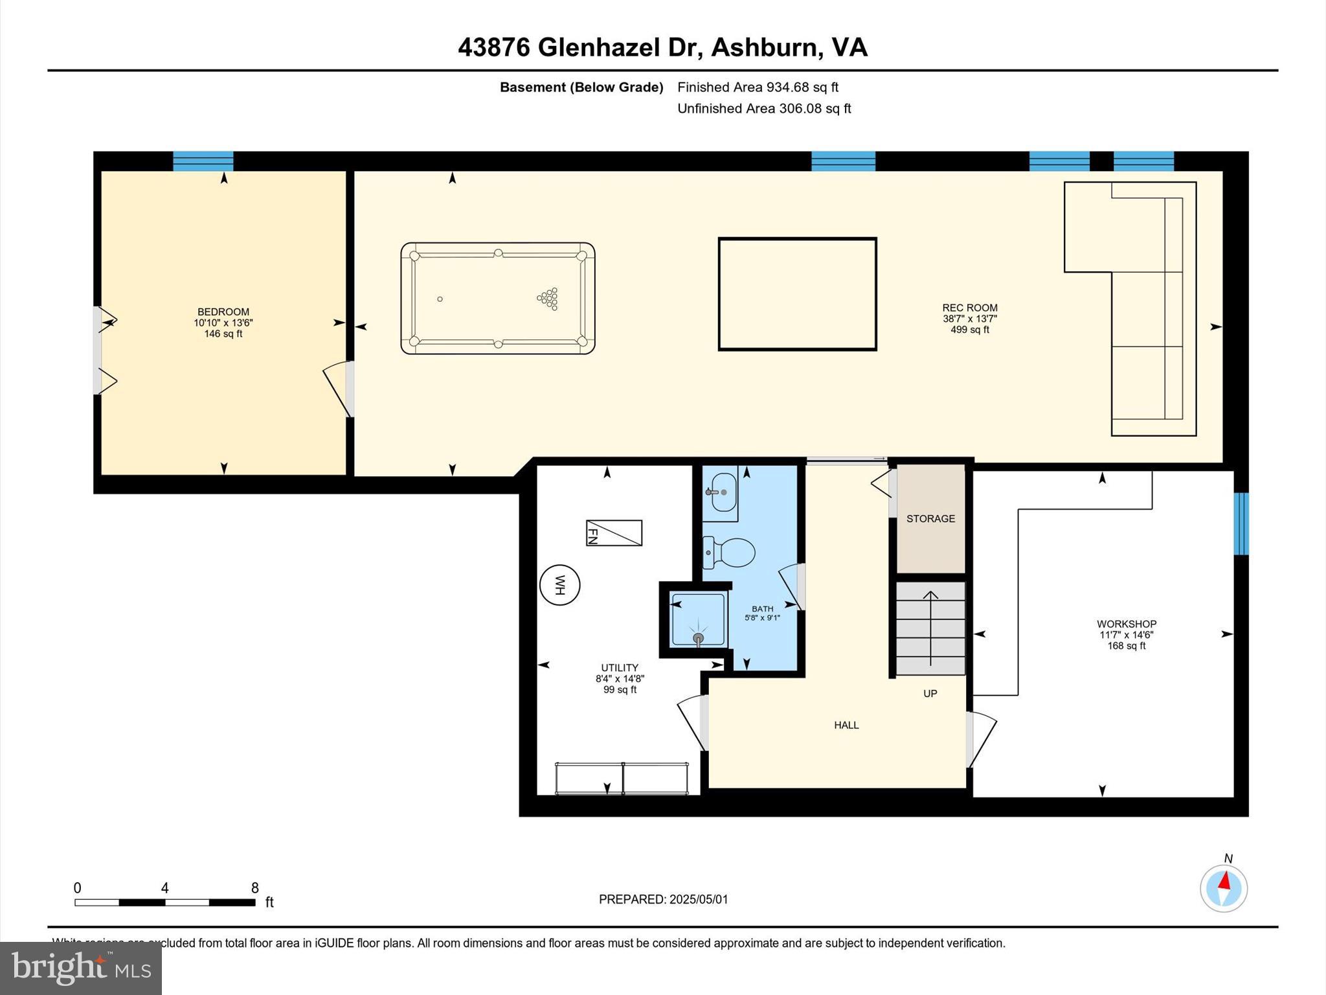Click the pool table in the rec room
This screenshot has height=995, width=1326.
point(497,299)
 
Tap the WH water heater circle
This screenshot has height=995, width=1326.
point(559,585)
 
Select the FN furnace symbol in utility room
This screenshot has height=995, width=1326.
point(614,533)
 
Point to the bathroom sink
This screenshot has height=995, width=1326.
point(721,492)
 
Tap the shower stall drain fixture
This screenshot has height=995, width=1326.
point(698,638)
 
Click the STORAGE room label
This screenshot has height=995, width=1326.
point(930,518)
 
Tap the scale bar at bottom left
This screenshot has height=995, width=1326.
point(165,902)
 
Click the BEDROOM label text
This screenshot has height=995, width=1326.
point(223,312)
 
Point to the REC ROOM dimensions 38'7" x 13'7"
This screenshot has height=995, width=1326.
point(969,319)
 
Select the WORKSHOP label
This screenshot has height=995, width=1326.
point(1126,624)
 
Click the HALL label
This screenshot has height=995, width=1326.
point(846,725)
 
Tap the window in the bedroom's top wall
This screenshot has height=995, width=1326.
point(203,161)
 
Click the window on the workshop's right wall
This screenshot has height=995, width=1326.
point(1241,523)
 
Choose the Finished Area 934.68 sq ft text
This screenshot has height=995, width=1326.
point(758,87)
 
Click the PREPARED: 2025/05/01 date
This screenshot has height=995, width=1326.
point(663,899)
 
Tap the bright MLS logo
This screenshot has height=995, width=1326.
point(81,968)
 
